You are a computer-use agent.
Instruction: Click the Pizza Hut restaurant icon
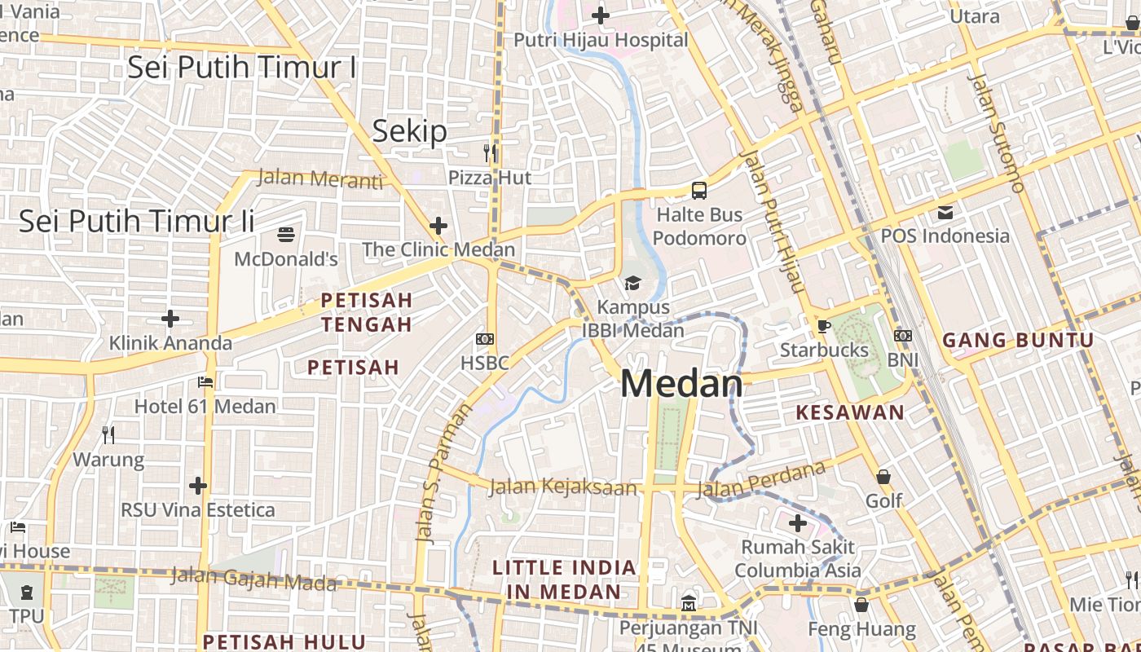pos(490,152)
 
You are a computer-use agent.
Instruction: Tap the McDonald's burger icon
pos(286,235)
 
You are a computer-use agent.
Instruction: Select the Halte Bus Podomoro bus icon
pos(699,191)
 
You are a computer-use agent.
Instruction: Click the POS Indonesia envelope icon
pos(945,212)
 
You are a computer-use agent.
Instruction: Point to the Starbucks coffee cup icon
pos(824,326)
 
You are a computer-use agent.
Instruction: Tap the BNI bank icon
pos(902,336)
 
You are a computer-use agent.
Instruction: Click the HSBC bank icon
pos(485,339)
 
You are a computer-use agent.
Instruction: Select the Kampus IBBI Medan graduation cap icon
pos(632,283)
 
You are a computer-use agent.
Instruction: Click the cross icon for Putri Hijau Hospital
pos(601,15)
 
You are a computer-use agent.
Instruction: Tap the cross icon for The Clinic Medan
pos(438,225)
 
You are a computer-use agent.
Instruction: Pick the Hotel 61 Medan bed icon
pos(205,381)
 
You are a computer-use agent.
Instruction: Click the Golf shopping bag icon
pos(883,476)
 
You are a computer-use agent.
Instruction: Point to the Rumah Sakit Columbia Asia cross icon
pos(798,522)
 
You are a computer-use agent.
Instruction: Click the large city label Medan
pos(681,384)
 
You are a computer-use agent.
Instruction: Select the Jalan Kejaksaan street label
pos(563,487)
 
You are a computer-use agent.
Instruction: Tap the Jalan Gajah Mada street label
pos(253,579)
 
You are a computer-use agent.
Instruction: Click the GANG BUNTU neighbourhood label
pos(1018,341)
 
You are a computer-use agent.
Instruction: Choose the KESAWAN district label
pos(850,412)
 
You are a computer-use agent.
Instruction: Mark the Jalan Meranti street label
pos(319,178)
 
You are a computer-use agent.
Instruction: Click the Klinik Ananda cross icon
pos(170,318)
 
